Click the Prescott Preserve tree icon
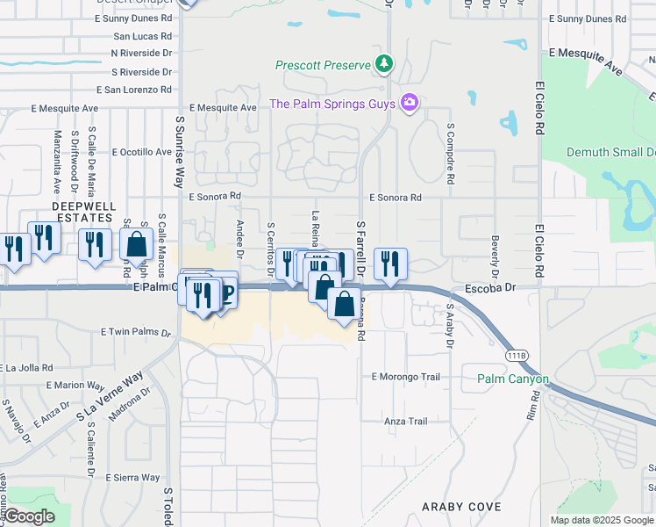(x=383, y=64)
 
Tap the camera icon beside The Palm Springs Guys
(x=409, y=104)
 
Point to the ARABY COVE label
(x=461, y=507)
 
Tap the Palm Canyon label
(x=513, y=379)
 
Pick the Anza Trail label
(x=405, y=422)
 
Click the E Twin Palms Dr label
(x=136, y=332)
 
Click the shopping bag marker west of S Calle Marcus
(x=137, y=244)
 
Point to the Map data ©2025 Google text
(x=601, y=520)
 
